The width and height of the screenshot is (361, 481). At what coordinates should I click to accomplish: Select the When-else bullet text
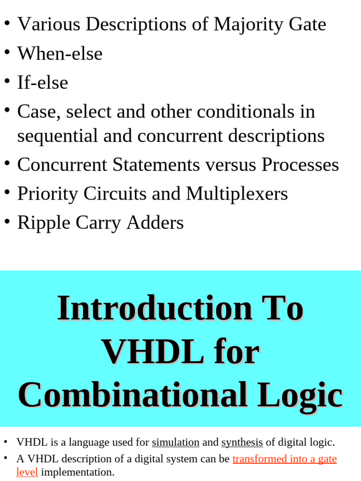click(x=60, y=54)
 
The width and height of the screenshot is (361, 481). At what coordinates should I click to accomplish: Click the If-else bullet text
click(x=43, y=83)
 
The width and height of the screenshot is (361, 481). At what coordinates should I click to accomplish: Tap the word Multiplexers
click(x=237, y=194)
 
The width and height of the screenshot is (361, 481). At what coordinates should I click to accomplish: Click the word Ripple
click(x=42, y=223)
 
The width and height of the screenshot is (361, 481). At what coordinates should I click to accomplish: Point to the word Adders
click(x=155, y=223)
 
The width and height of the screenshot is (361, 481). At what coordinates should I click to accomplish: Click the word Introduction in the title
click(x=155, y=308)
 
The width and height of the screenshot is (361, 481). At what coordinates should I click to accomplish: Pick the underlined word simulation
click(x=175, y=442)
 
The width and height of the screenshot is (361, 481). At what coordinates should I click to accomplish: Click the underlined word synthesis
click(x=242, y=442)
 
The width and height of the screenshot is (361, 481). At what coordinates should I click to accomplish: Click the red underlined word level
click(x=27, y=473)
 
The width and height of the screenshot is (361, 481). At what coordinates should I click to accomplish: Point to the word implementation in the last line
click(x=77, y=473)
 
